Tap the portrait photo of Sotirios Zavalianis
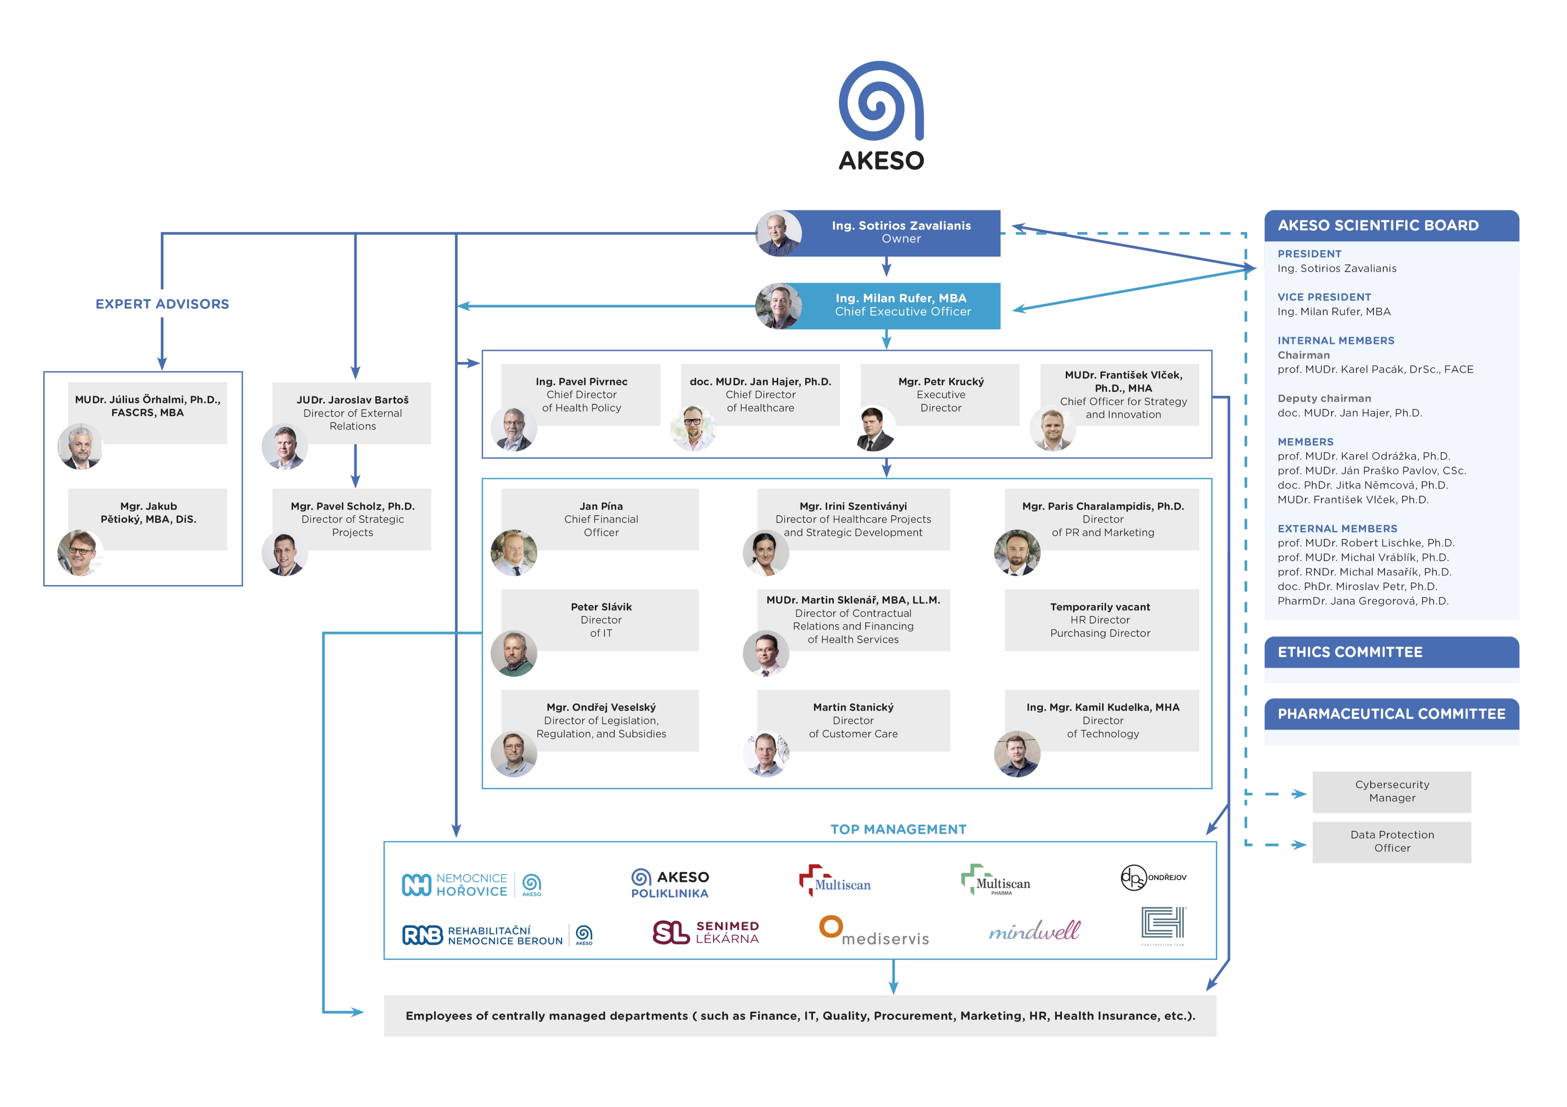(x=779, y=233)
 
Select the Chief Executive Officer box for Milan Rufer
(x=901, y=305)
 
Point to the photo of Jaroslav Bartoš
(x=284, y=447)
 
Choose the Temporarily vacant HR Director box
(x=1101, y=620)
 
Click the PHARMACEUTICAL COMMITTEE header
(x=1391, y=714)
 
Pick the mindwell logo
(x=1034, y=930)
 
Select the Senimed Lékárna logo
(x=706, y=932)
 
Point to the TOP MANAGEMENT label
(x=898, y=829)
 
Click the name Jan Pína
(x=601, y=506)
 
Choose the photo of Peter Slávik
(x=514, y=654)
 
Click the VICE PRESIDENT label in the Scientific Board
(x=1324, y=297)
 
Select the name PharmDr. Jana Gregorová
(x=1362, y=601)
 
